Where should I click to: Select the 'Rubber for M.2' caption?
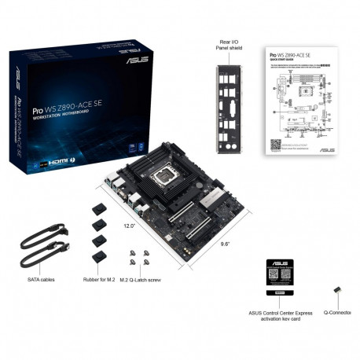point(98,278)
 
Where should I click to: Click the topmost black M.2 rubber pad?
point(99,210)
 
